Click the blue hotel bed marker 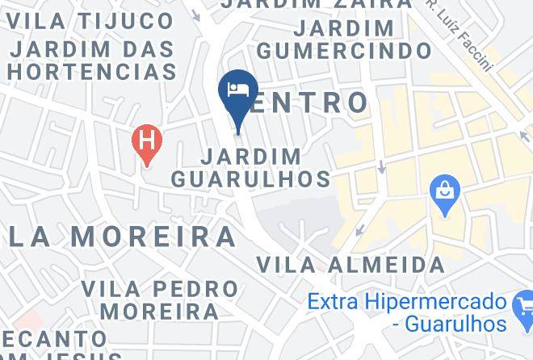pos(238,90)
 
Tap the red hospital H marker pos(146,141)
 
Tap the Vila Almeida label pos(350,264)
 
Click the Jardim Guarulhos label pos(251,167)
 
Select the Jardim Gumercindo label pos(344,40)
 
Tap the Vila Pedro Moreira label pos(160,299)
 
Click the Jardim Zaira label pos(316,4)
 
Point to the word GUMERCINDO pos(344,51)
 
